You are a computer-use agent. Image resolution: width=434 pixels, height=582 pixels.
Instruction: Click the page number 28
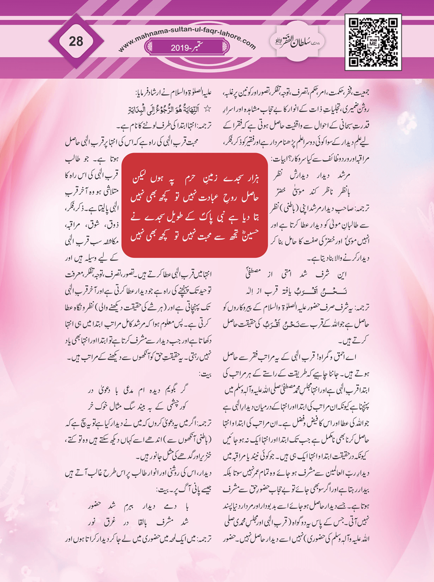pyautogui.click(x=76, y=41)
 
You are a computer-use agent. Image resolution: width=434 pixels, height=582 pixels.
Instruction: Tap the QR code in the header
pyautogui.click(x=373, y=42)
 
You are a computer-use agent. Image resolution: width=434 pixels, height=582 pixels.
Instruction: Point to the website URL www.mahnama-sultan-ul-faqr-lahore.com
pyautogui.click(x=187, y=34)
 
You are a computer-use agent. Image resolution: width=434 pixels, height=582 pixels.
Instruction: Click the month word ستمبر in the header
pyautogui.click(x=201, y=47)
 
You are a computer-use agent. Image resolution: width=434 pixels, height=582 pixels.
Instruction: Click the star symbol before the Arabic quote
pyautogui.click(x=207, y=110)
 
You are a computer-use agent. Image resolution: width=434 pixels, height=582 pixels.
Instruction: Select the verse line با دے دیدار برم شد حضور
pyautogui.click(x=138, y=506)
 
